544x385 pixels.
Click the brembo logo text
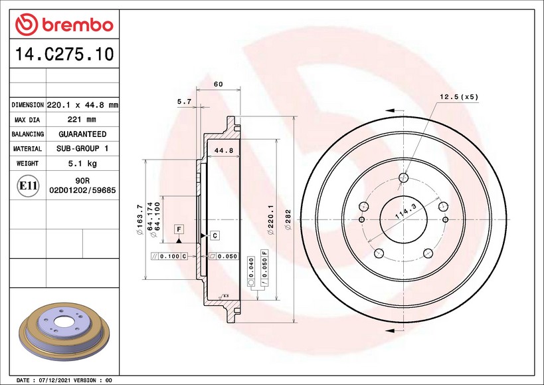coord(78,25)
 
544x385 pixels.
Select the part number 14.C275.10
coord(64,54)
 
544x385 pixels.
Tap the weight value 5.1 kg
coord(82,164)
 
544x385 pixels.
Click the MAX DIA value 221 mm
coord(82,120)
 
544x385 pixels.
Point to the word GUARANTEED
coord(82,134)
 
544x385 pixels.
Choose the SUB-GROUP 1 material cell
coord(82,148)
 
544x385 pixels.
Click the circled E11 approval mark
coord(28,186)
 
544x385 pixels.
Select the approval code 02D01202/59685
coord(82,190)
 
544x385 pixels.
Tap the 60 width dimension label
coord(219,84)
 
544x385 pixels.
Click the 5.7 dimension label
coord(184,101)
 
